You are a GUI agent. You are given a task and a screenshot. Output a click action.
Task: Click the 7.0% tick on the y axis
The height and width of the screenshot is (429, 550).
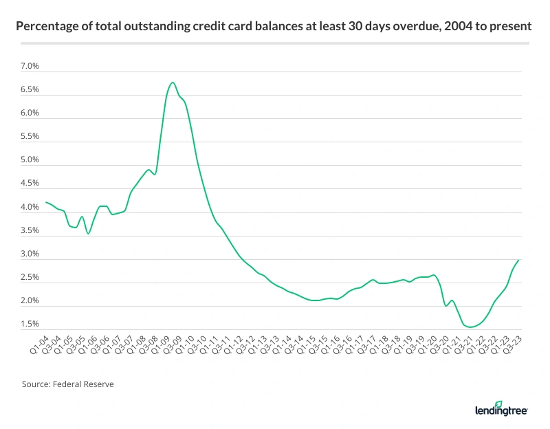pyautogui.click(x=30, y=67)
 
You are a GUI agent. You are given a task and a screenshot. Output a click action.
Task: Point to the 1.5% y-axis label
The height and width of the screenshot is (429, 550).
pyautogui.click(x=30, y=324)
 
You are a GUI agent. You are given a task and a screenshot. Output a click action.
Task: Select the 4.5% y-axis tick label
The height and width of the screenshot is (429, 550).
pyautogui.click(x=30, y=184)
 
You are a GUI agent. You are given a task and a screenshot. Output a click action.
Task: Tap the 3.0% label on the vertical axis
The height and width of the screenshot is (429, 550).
pyautogui.click(x=30, y=254)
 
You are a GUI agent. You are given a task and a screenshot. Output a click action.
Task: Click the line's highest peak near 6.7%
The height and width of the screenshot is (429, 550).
pyautogui.click(x=173, y=82)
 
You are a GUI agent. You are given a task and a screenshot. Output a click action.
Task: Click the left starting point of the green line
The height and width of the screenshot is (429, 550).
pyautogui.click(x=45, y=202)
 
